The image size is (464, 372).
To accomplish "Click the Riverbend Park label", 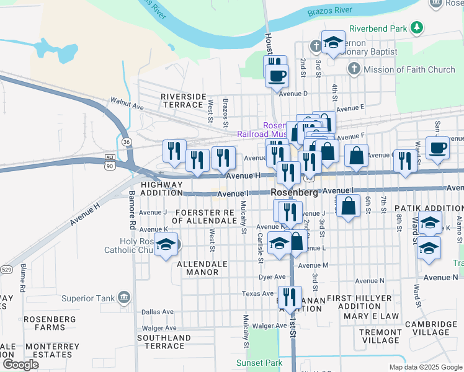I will click(x=378, y=28).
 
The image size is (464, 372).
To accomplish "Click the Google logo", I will click(x=20, y=364).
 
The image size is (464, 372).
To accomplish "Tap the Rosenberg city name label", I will click(x=295, y=193).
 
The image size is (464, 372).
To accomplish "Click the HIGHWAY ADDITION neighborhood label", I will click(x=162, y=189).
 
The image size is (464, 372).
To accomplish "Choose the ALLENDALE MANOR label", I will click(x=198, y=268).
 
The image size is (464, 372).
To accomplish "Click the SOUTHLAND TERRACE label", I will click(x=164, y=342).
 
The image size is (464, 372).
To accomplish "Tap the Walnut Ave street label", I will click(x=127, y=102).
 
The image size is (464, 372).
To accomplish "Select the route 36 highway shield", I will click(x=127, y=142).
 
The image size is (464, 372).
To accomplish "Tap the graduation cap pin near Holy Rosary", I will click(x=166, y=245).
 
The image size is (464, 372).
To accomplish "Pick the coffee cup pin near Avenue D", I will click(x=277, y=76).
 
